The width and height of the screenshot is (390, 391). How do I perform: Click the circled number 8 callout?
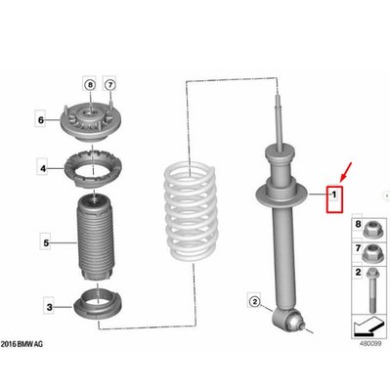[x=90, y=85]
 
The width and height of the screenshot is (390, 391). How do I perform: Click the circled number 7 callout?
[x=110, y=85]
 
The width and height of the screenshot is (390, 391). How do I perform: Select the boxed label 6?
[x=41, y=120]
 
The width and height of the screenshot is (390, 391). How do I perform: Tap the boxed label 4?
[x=43, y=169]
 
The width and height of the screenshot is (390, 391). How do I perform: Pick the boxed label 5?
[x=46, y=243]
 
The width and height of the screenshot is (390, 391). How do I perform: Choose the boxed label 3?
[x=49, y=307]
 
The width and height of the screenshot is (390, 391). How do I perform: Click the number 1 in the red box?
[x=334, y=195]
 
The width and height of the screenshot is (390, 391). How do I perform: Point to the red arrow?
[x=346, y=172]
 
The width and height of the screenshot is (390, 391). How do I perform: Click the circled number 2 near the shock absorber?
[x=254, y=302]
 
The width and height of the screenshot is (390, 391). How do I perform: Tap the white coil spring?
[x=190, y=212]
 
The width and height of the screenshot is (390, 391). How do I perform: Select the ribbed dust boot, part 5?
[x=96, y=238]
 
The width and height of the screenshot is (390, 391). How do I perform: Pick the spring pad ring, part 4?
[x=93, y=169]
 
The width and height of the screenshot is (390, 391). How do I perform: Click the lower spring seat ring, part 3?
[x=99, y=303]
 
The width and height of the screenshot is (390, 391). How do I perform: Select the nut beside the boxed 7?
[x=371, y=253]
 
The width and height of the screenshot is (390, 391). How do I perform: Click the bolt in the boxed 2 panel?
[x=372, y=289]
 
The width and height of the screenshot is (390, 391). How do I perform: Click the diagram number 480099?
[x=370, y=343]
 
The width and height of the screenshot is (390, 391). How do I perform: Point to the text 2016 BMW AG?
[x=22, y=344]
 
